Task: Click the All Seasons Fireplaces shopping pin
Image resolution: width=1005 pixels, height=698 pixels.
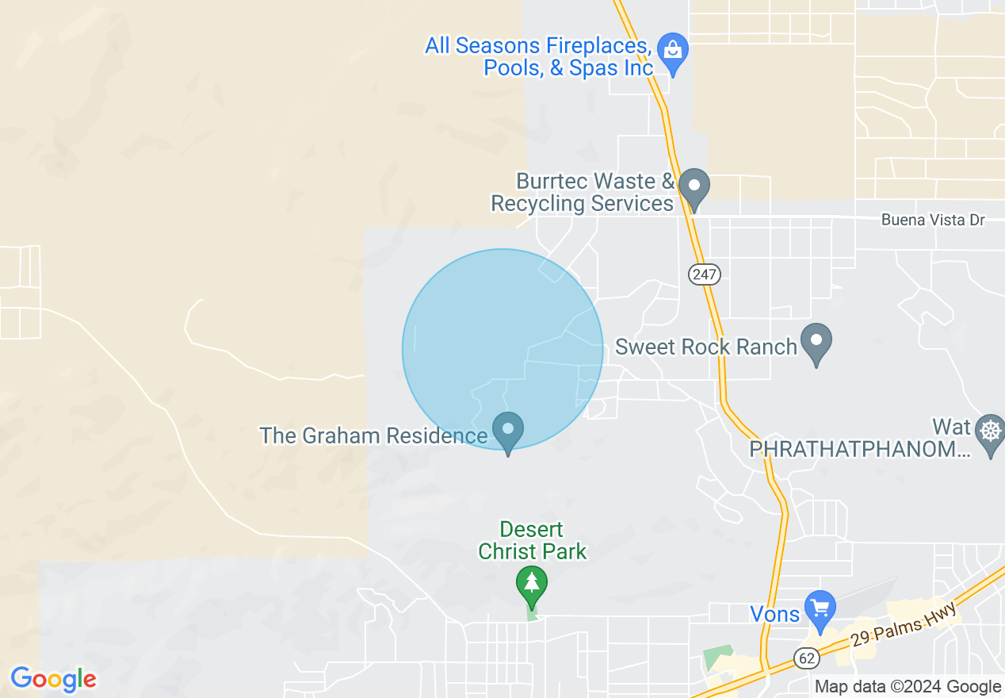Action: click(x=673, y=51)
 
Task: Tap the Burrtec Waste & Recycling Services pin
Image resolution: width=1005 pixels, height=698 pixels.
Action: click(x=695, y=187)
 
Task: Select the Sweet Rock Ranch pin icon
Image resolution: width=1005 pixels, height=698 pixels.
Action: click(x=816, y=342)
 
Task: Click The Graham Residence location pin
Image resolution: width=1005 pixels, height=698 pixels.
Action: click(x=508, y=431)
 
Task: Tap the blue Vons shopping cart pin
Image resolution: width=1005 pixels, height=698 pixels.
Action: click(x=820, y=608)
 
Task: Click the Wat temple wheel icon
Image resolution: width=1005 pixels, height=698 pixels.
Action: click(x=991, y=432)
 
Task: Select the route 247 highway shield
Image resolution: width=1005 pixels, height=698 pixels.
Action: click(x=704, y=274)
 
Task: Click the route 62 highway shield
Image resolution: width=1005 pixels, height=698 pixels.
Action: click(x=806, y=657)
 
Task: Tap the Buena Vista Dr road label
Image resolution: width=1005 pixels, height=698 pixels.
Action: click(x=933, y=220)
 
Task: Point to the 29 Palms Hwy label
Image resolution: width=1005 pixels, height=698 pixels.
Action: click(x=906, y=627)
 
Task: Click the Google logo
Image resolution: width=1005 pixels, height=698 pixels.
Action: click(x=53, y=680)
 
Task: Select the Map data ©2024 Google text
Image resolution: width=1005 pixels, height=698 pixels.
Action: click(x=908, y=687)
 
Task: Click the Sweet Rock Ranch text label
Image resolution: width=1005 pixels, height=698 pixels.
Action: click(x=705, y=347)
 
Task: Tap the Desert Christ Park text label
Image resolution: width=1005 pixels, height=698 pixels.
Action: click(x=533, y=540)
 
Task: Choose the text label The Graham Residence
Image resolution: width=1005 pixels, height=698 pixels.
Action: click(x=373, y=435)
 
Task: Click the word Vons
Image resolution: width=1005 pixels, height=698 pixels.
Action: click(x=774, y=613)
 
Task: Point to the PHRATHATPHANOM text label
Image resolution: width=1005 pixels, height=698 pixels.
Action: click(x=860, y=450)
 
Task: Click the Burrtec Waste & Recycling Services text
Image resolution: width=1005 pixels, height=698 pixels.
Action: click(x=583, y=193)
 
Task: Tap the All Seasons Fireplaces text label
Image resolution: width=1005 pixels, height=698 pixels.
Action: click(x=539, y=56)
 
